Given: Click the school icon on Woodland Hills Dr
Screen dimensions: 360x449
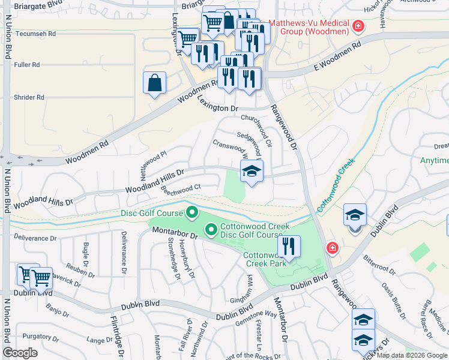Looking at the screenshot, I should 252,172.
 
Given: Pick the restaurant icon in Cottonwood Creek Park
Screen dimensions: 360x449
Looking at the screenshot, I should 289,247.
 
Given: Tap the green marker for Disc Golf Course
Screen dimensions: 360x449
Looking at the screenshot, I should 192,212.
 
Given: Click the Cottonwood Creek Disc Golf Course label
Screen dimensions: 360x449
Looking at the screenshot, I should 255,230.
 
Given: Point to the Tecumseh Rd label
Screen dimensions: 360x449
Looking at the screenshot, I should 35,35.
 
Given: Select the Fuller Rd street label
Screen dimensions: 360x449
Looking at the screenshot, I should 28,65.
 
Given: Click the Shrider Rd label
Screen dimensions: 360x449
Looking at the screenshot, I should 28,97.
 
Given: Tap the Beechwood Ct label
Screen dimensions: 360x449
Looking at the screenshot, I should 180,189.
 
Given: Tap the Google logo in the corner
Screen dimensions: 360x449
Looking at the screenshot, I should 20,353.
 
